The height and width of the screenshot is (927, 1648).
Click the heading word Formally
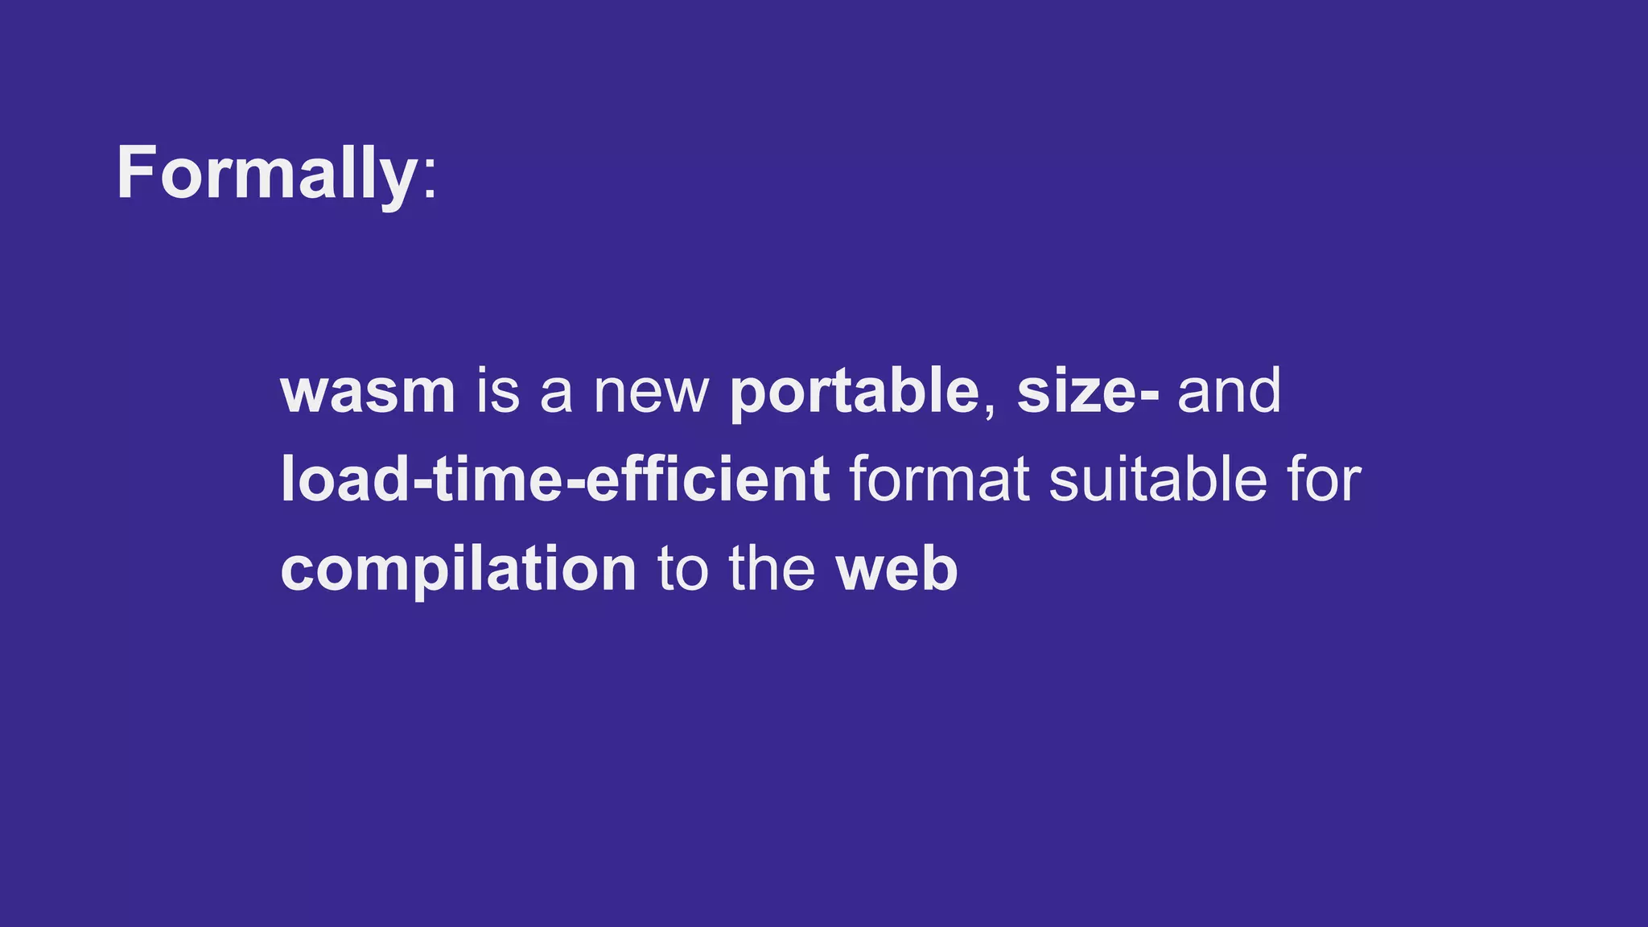tap(266, 173)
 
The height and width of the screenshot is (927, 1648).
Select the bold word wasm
tap(368, 392)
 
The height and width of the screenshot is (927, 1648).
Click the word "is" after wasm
tap(498, 392)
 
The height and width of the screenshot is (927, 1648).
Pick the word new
tap(651, 393)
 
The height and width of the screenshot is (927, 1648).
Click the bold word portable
tap(854, 392)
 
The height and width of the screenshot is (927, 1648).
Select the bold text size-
tap(1087, 392)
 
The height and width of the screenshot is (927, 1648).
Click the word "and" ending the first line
tap(1229, 392)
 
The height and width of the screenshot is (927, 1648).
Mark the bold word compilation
tap(459, 570)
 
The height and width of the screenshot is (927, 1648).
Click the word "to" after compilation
tap(683, 570)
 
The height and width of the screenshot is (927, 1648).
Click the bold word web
tap(897, 570)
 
